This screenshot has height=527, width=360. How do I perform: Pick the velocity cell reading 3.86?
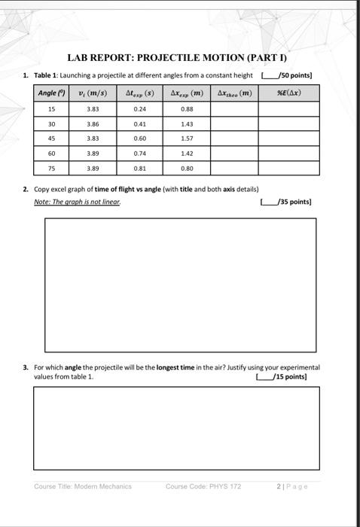[93, 123]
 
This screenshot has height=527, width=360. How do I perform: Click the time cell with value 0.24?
[139, 108]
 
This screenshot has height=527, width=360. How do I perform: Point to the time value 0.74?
[139, 154]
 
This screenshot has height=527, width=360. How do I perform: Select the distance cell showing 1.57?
[187, 139]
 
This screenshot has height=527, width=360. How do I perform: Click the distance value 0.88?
[187, 108]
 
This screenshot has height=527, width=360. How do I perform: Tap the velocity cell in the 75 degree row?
[93, 169]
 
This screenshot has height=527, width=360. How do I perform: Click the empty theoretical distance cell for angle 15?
[234, 108]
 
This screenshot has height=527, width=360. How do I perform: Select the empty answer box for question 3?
[181, 425]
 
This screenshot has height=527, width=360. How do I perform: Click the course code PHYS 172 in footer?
[203, 486]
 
